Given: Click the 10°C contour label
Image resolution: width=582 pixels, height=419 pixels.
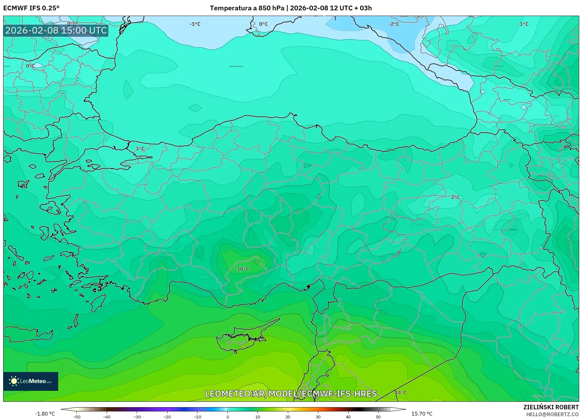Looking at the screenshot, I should pyautogui.click(x=243, y=269).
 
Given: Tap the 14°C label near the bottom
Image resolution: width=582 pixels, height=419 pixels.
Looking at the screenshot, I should pyautogui.click(x=401, y=392).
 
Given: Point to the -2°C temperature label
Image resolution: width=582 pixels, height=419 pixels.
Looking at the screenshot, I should pyautogui.click(x=394, y=24).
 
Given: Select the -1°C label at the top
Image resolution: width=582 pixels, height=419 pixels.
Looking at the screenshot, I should pyautogui.click(x=195, y=24).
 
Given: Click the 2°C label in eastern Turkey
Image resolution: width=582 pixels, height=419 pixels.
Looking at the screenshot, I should pyautogui.click(x=455, y=197).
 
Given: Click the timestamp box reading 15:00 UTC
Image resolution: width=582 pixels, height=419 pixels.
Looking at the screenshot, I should pyautogui.click(x=56, y=30).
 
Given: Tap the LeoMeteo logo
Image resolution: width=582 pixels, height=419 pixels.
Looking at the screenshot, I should pyautogui.click(x=31, y=381).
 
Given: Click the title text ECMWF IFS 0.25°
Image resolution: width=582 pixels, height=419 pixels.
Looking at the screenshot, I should pyautogui.click(x=31, y=8).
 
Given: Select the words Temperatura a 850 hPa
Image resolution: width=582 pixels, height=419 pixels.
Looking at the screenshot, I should pyautogui.click(x=247, y=8).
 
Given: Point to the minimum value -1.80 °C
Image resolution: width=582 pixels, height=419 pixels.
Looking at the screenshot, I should pyautogui.click(x=45, y=414).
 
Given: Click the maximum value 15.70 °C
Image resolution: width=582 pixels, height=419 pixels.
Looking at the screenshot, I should pyautogui.click(x=421, y=414).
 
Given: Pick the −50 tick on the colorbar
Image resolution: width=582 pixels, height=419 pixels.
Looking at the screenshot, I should pyautogui.click(x=76, y=417).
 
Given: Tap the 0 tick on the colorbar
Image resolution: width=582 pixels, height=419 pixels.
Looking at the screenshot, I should pyautogui.click(x=227, y=417).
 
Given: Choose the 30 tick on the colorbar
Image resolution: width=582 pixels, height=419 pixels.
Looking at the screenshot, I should pyautogui.click(x=318, y=417).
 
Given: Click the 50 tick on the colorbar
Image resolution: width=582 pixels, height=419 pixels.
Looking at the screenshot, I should pyautogui.click(x=378, y=417).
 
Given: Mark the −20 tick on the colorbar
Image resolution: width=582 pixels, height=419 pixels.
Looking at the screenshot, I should pyautogui.click(x=167, y=417).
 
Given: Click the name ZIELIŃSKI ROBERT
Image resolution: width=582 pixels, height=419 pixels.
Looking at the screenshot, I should pyautogui.click(x=551, y=407).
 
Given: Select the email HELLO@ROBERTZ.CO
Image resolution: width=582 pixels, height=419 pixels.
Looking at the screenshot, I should pyautogui.click(x=552, y=414).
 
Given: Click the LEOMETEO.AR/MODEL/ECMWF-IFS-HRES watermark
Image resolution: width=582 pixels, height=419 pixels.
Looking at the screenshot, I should pyautogui.click(x=291, y=394).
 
